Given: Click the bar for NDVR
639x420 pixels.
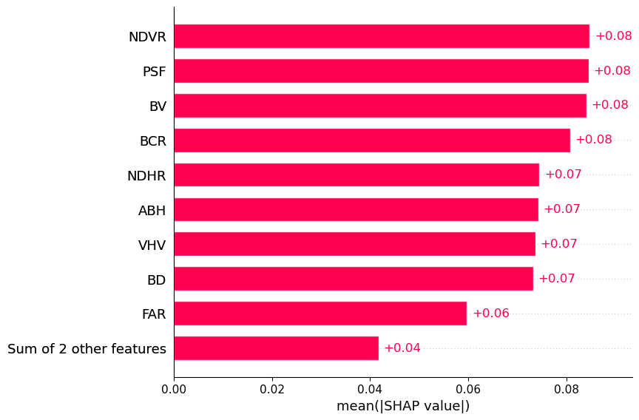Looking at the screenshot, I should (381, 36).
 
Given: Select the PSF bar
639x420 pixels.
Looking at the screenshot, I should (381, 71).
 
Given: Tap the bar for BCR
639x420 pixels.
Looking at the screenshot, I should (371, 140).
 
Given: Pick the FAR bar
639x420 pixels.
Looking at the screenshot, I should (319, 314).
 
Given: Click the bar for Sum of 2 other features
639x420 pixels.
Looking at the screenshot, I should (276, 348).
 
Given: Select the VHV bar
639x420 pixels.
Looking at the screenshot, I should (354, 244).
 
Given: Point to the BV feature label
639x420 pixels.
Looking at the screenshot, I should (158, 106).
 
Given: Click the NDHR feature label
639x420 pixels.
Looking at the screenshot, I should (146, 176).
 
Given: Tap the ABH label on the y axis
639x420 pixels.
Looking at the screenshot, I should (152, 211).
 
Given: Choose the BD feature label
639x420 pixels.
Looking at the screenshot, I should (156, 280).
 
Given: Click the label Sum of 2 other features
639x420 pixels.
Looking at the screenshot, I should (87, 349).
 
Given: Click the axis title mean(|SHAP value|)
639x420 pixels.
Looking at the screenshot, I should (403, 406).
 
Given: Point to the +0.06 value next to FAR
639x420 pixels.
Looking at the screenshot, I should (490, 314).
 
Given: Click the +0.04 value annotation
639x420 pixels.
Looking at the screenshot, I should (402, 348).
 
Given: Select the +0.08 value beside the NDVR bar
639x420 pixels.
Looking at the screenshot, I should (613, 36).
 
